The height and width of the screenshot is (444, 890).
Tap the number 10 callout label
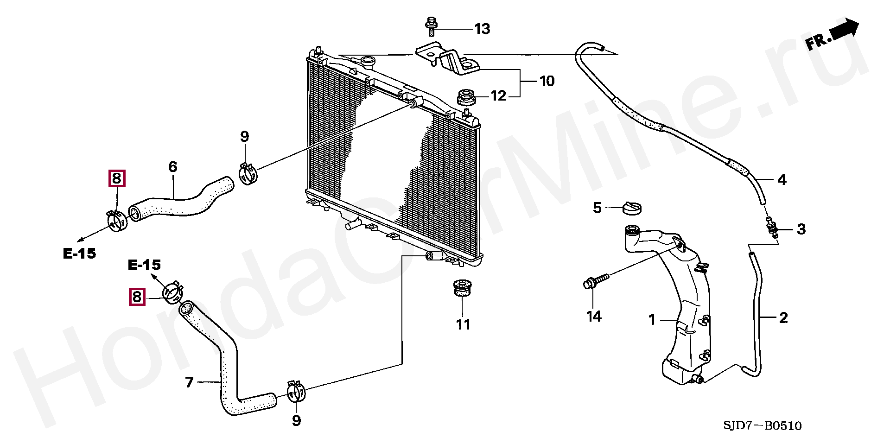[x=547, y=82]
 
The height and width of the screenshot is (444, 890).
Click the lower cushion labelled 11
[x=460, y=289]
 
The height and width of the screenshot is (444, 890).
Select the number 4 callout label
[x=782, y=180]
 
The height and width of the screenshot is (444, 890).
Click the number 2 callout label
[x=783, y=318]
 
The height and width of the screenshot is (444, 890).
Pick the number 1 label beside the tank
[x=652, y=320]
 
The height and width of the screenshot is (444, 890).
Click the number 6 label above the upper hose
[x=172, y=167]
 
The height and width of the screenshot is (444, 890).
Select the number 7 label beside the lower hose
[x=189, y=383]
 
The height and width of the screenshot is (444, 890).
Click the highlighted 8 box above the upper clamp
[x=116, y=178]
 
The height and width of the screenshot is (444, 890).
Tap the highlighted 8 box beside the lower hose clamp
[x=137, y=296]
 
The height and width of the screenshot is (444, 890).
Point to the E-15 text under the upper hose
[x=79, y=254]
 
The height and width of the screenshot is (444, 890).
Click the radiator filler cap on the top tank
[x=368, y=61]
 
